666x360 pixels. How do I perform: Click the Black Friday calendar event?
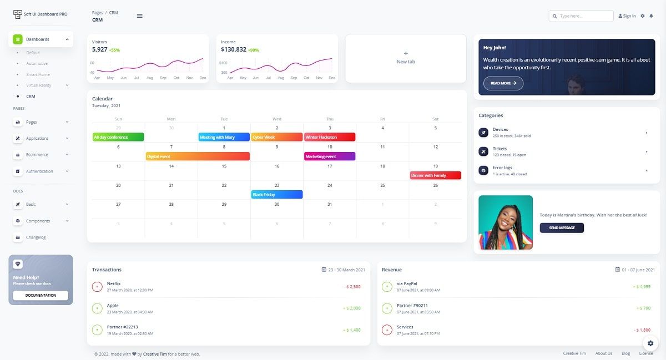tap(276, 195)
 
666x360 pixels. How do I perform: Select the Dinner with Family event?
tap(435, 175)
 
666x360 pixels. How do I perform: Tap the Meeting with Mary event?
tap(224, 137)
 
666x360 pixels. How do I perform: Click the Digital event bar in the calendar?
tap(197, 156)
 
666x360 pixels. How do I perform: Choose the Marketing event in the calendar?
tap(329, 156)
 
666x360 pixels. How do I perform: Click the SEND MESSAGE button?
tap(562, 227)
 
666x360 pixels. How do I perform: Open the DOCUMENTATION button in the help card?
tap(41, 295)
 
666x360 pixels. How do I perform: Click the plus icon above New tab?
tap(406, 54)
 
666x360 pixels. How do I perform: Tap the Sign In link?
tap(627, 16)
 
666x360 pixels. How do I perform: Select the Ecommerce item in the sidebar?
tap(37, 155)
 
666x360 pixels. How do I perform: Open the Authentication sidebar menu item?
tap(39, 171)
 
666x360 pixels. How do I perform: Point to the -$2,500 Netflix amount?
tap(352, 287)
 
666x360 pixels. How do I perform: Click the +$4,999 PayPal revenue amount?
tap(642, 287)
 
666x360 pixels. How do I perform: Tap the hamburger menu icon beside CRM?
tap(139, 16)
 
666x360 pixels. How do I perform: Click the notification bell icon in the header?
tap(651, 16)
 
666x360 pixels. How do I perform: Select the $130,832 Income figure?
tap(233, 49)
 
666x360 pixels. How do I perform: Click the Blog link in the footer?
tap(625, 353)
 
